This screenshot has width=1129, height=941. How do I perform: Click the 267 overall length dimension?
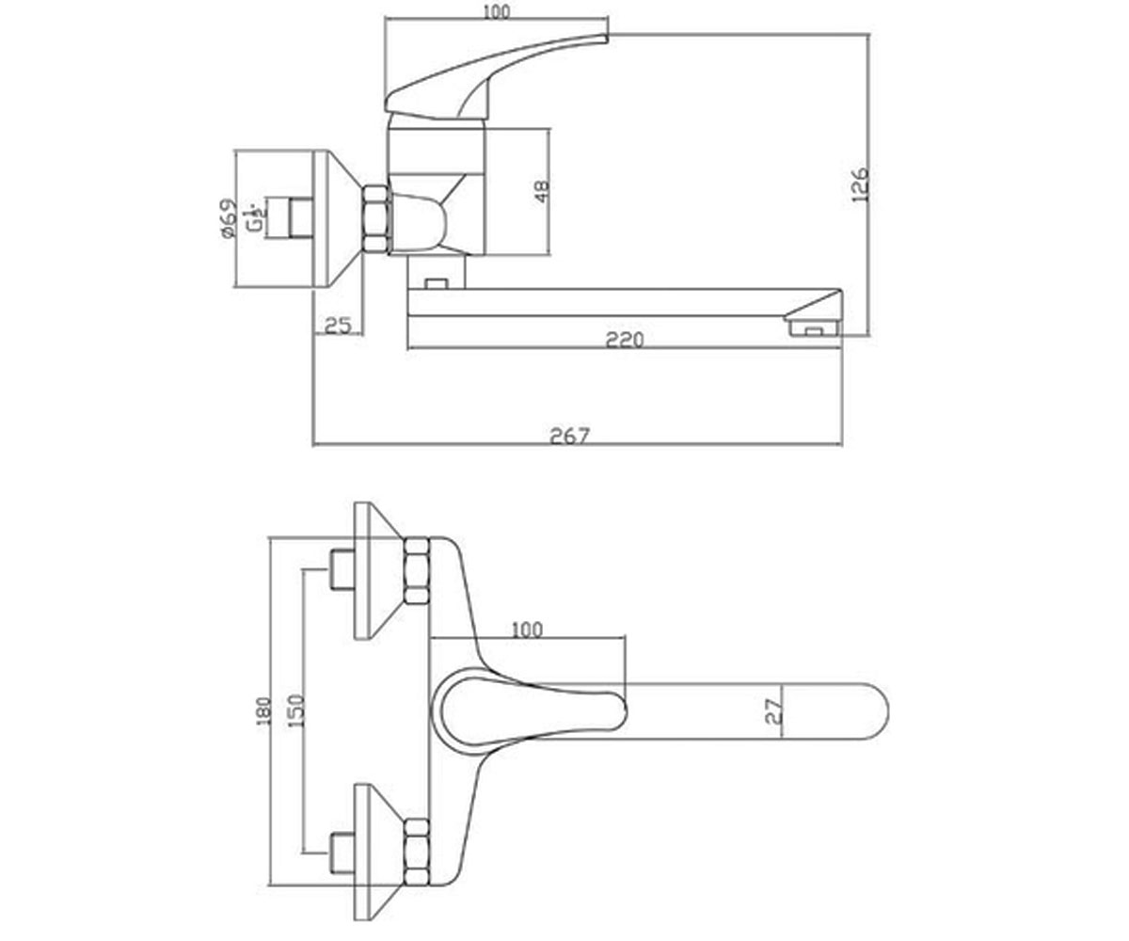[570, 436]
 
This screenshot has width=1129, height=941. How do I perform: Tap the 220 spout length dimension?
[625, 340]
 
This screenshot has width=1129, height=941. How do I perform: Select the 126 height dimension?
[860, 185]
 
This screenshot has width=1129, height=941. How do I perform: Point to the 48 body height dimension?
[541, 191]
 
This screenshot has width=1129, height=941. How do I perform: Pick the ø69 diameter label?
[230, 218]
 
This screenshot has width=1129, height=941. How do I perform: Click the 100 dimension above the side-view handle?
[497, 12]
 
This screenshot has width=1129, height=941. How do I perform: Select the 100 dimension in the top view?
[527, 630]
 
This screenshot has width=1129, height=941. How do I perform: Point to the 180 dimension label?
[264, 711]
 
